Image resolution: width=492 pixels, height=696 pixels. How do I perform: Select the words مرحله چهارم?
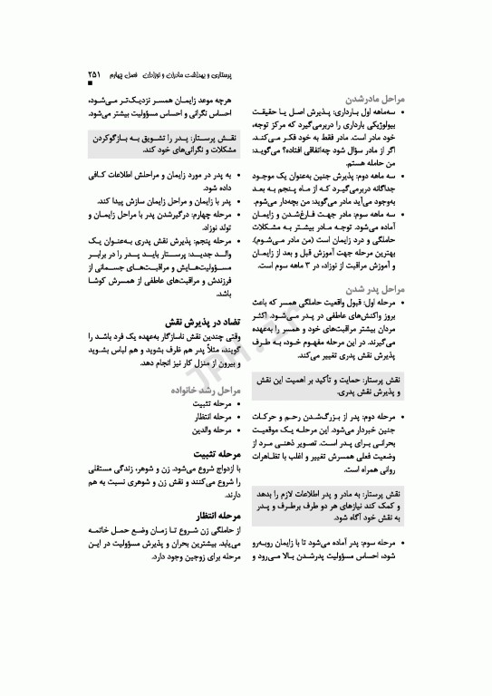click(206, 216)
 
